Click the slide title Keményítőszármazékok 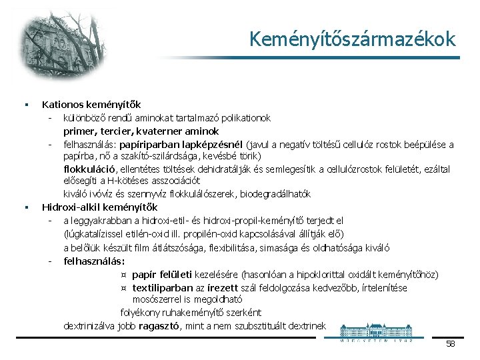pos(353,39)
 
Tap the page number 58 pos(450,344)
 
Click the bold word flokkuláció pos(92,169)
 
